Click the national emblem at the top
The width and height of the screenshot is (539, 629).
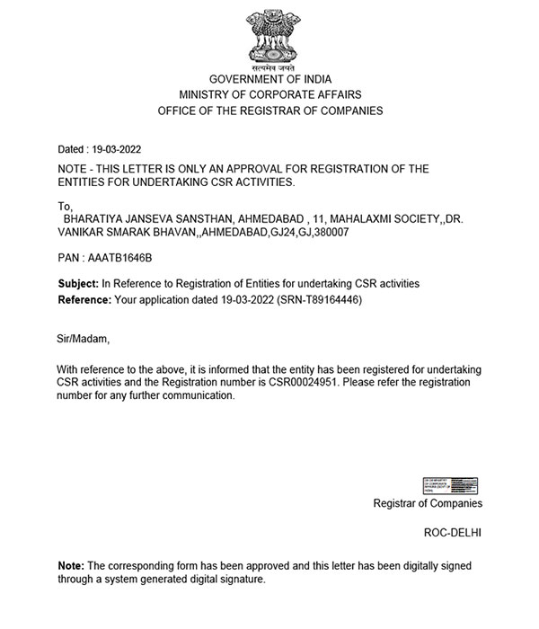pos(269,39)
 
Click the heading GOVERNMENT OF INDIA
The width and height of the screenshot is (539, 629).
pos(269,79)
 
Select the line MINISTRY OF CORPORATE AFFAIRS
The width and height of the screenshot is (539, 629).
pos(269,94)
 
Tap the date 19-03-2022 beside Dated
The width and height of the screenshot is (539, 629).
pos(116,149)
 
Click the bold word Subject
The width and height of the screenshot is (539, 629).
pos(77,284)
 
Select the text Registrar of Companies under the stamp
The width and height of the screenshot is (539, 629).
pos(428,503)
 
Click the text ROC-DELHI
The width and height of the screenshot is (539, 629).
pos(453,532)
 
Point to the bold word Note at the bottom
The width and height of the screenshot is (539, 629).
pos(70,566)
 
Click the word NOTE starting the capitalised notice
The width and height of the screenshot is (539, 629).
pos(75,168)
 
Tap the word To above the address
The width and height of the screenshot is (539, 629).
pos(64,206)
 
